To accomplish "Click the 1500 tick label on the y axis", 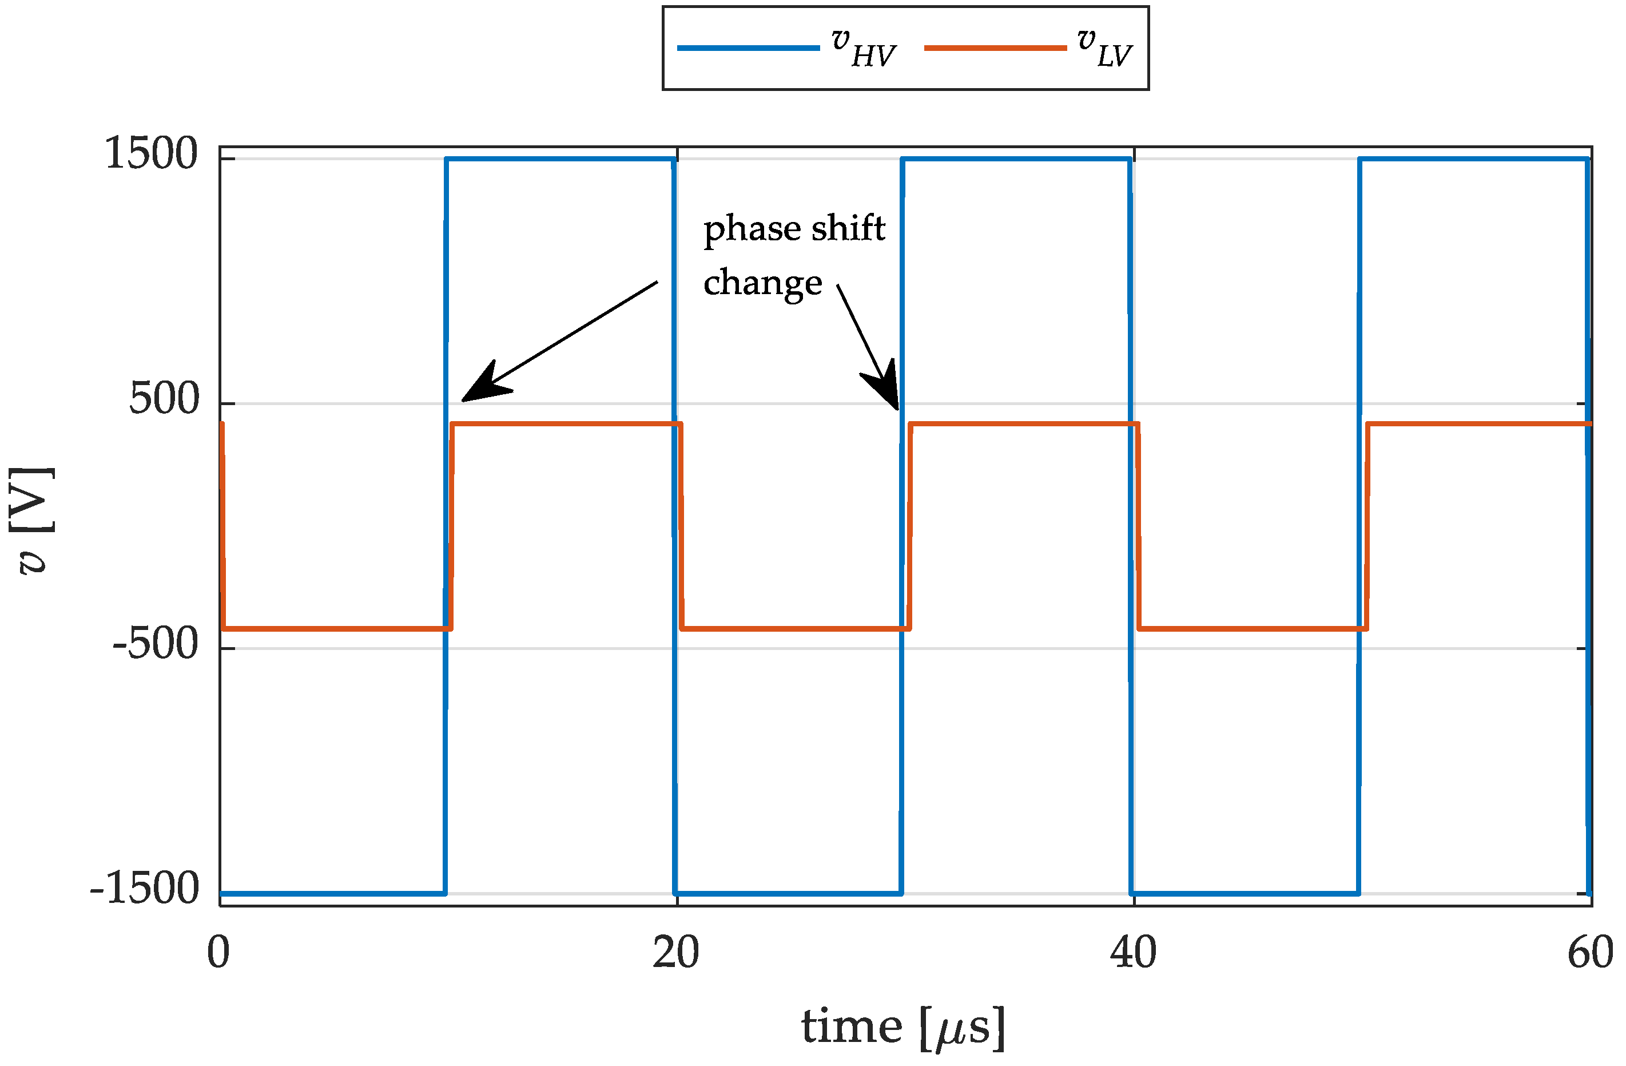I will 151,154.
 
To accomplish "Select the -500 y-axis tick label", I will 155,644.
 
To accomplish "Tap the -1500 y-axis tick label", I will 144,889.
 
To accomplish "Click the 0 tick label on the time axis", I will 218,953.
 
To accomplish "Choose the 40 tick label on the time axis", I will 1134,953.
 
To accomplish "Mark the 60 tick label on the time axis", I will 1591,953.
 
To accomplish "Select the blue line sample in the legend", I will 748,48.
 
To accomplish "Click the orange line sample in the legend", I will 995,48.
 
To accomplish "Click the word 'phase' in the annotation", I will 752,229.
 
